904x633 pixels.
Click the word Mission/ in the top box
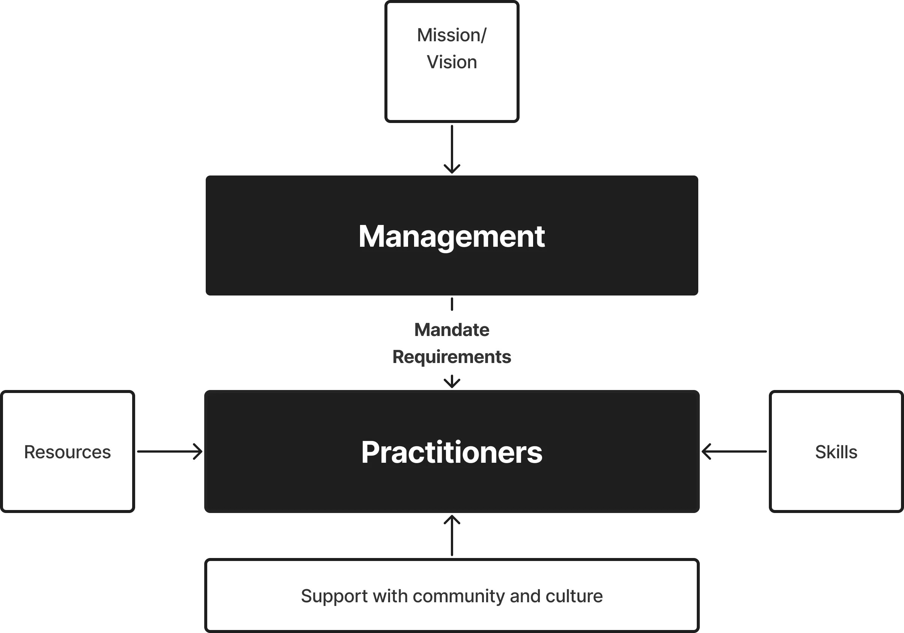[x=452, y=35]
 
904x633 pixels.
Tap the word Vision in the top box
[x=452, y=62]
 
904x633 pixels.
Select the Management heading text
[x=452, y=236]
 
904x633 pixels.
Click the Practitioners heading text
[x=452, y=452]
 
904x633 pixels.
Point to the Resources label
[x=67, y=452]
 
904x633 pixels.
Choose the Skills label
[x=836, y=452]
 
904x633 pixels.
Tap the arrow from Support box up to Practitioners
[x=452, y=539]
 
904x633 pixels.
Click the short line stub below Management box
[x=452, y=304]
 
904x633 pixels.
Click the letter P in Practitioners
[x=371, y=452]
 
